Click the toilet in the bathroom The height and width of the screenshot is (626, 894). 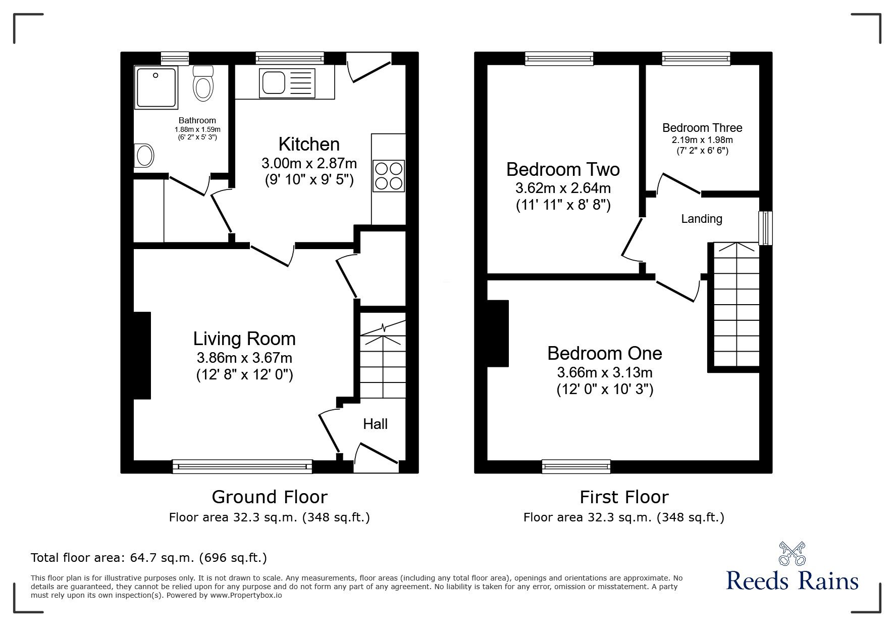coord(203,84)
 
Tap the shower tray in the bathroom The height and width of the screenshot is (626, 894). coord(156,87)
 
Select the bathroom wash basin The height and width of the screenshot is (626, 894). coord(144,156)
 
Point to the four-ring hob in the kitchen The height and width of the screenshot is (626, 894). coord(388,175)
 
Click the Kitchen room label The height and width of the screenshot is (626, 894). coord(309,145)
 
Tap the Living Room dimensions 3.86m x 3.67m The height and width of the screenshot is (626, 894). coord(244,358)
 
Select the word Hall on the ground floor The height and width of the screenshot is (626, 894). coord(375,424)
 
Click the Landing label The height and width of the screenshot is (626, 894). coord(701,219)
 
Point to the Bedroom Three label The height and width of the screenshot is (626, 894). coord(702,128)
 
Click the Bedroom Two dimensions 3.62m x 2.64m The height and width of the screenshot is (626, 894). coord(563,188)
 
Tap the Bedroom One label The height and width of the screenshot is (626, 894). coord(604,353)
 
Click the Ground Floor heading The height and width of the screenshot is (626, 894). coord(269,497)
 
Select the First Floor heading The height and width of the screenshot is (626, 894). coord(624,497)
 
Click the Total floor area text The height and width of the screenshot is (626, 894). coord(148,558)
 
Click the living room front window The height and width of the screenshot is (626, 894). coord(242,466)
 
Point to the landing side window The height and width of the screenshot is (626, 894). coord(765,228)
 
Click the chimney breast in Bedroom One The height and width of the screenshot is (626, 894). coord(498,333)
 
